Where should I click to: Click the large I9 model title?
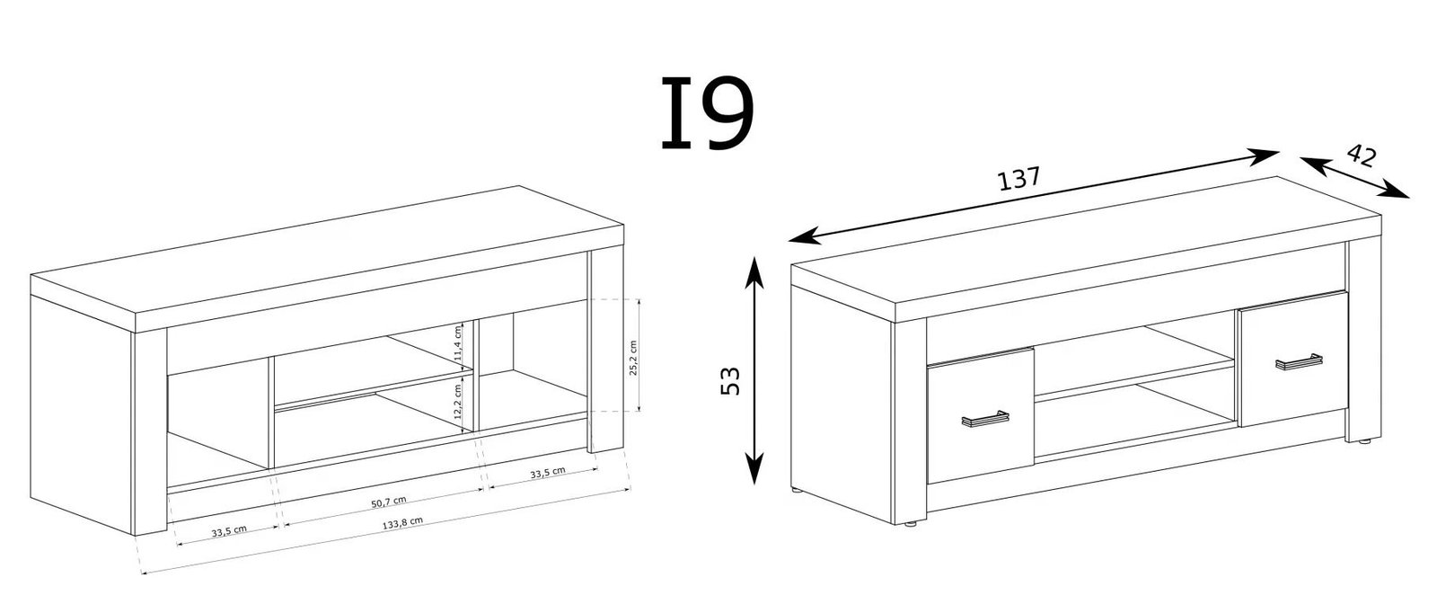[x=707, y=113]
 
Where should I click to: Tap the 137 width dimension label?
[x=1019, y=179]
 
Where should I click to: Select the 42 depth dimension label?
[x=1362, y=155]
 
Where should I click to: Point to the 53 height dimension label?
[x=731, y=380]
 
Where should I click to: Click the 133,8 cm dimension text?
[x=402, y=523]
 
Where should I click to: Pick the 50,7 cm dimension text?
[x=389, y=501]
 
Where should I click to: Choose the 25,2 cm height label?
[x=633, y=358]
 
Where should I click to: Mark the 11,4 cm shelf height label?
[x=457, y=343]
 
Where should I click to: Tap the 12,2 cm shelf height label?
[x=457, y=402]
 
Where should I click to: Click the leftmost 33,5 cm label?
[x=229, y=531]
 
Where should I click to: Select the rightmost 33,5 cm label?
[x=548, y=473]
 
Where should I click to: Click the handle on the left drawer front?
[x=984, y=418]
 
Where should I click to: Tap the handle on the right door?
[x=1299, y=361]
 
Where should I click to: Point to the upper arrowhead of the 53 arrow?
[x=755, y=270]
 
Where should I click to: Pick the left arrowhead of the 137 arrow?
[x=805, y=236]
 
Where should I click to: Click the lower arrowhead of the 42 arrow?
[x=1396, y=190]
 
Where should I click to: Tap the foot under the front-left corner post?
[x=910, y=524]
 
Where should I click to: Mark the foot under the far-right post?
[x=1362, y=441]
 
